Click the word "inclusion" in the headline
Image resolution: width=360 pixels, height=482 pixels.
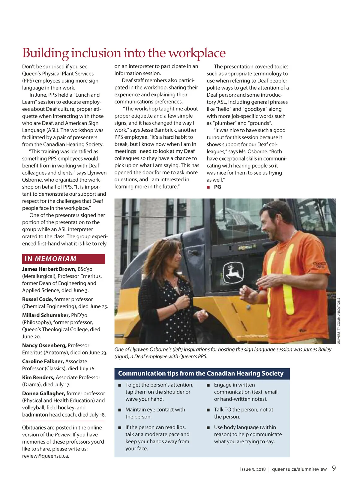click(96, 53)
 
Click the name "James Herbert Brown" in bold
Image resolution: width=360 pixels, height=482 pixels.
click(49, 269)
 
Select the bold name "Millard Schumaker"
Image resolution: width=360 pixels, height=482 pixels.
click(46, 315)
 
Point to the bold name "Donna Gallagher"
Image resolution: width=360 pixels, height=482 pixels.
click(43, 393)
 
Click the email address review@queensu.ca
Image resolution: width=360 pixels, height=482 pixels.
click(46, 456)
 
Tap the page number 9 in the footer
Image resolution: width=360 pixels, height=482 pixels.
click(334, 468)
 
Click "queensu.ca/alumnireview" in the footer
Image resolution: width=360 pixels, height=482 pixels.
click(299, 469)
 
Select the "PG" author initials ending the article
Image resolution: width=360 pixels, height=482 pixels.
click(217, 187)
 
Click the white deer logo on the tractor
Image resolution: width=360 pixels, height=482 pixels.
click(233, 272)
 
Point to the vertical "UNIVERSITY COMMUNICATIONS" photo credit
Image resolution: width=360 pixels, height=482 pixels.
click(339, 321)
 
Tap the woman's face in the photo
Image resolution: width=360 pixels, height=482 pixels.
click(170, 258)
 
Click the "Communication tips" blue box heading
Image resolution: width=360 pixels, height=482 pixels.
click(200, 373)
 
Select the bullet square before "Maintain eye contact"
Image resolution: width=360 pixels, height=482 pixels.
click(119, 410)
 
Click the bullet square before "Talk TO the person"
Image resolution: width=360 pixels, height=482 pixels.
click(208, 410)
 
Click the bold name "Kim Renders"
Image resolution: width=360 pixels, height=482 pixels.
click(38, 377)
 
